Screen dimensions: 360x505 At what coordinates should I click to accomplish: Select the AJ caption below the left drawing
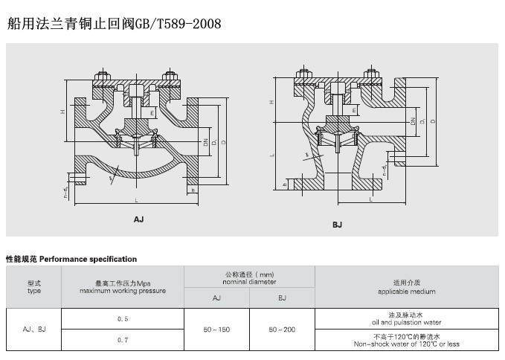[138, 219]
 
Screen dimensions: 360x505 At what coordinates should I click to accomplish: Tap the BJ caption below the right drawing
[337, 224]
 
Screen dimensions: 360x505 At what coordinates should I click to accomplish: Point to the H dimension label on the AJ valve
[63, 112]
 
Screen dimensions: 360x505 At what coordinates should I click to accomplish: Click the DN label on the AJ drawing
[204, 141]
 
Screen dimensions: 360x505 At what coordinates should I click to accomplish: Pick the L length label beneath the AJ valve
[136, 202]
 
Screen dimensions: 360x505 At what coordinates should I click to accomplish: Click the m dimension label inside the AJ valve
[152, 111]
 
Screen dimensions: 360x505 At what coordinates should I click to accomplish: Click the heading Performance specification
[71, 260]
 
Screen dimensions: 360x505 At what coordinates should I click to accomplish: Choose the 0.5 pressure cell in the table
[123, 318]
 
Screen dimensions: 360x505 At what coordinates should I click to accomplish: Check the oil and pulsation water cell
[406, 319]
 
